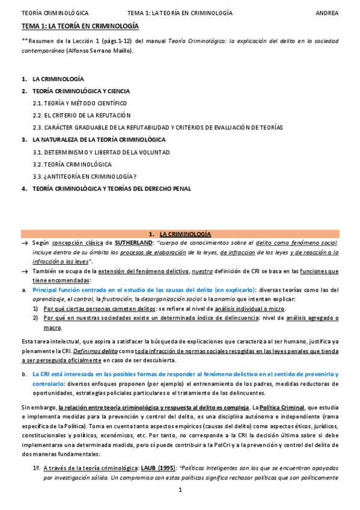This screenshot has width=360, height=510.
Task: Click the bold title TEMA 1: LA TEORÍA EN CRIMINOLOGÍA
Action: (80, 26)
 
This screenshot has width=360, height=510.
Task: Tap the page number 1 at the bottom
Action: (180, 490)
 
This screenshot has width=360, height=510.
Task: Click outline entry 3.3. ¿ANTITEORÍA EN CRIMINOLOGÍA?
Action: (85, 176)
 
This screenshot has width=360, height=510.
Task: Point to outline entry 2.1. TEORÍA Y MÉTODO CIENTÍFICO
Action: (80, 103)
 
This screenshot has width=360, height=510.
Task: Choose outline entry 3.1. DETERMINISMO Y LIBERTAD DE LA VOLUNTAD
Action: (101, 152)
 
